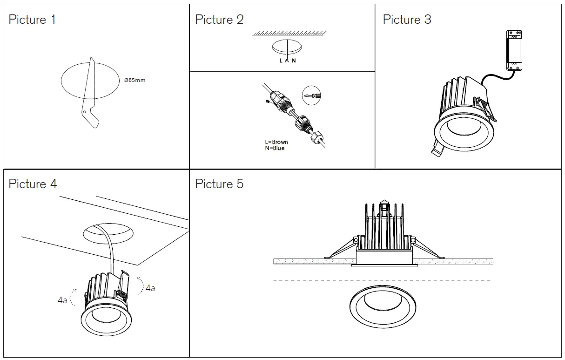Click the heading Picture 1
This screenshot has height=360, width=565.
click(x=32, y=20)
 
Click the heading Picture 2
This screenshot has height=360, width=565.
click(x=219, y=20)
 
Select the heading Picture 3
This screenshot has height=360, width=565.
click(x=407, y=20)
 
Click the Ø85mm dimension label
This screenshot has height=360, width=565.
click(x=135, y=80)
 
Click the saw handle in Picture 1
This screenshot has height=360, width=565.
click(x=91, y=116)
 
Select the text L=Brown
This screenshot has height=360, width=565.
click(x=276, y=142)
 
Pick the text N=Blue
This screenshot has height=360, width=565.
click(x=274, y=148)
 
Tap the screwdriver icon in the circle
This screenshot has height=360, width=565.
click(x=311, y=95)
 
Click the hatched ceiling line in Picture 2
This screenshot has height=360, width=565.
click(x=289, y=34)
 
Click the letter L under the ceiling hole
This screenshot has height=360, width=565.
click(x=281, y=61)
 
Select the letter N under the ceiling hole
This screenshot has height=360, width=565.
click(x=294, y=61)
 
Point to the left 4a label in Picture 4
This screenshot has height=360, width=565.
click(x=62, y=300)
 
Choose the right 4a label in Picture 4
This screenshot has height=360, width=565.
click(x=150, y=288)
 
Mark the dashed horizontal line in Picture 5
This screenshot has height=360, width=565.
click(x=382, y=280)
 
